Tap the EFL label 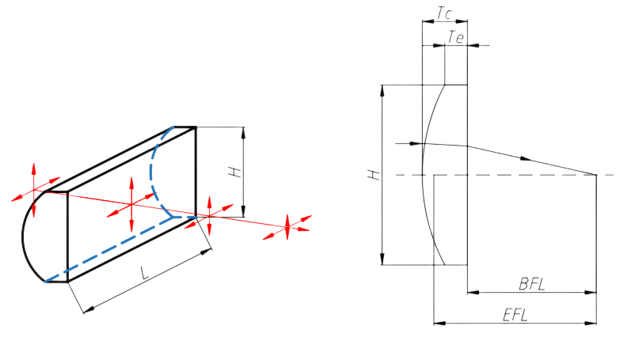click(x=516, y=313)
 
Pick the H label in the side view click(x=372, y=174)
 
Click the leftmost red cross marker click(x=34, y=191)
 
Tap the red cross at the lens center click(x=132, y=203)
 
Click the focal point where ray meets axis click(x=595, y=173)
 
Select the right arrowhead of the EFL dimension click(x=591, y=324)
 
